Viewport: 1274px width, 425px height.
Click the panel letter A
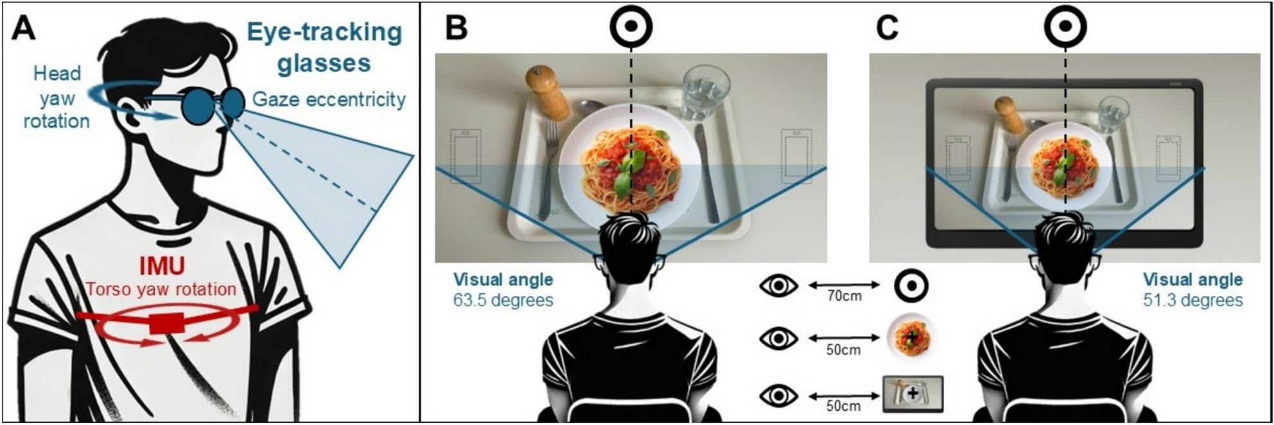(x=24, y=28)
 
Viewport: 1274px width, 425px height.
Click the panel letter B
(x=457, y=28)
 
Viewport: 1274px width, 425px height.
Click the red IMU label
(x=162, y=266)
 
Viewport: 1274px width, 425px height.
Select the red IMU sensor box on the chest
(x=166, y=324)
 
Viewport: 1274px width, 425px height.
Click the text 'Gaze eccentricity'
(x=329, y=100)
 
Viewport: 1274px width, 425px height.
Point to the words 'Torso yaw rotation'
(x=161, y=289)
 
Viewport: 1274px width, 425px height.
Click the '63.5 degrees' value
(x=503, y=300)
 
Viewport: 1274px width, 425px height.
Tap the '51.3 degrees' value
(x=1192, y=300)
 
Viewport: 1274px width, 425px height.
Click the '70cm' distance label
(x=843, y=296)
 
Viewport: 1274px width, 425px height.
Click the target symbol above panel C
(x=1065, y=26)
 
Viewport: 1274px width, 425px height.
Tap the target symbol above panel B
(x=631, y=26)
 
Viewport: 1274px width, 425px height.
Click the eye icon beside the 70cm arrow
(x=778, y=285)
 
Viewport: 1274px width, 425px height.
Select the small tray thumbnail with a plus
(x=912, y=394)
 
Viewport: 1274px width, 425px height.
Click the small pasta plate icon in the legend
(x=911, y=337)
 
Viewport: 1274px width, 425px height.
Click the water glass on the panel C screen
(x=1112, y=114)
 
